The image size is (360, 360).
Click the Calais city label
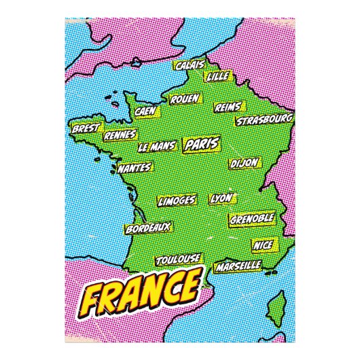(x=190, y=65)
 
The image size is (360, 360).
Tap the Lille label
(x=218, y=77)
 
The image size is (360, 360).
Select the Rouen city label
(x=185, y=99)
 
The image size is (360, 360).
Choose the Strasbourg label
(x=264, y=120)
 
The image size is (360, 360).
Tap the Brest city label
(x=86, y=128)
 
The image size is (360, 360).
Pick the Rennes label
(x=120, y=134)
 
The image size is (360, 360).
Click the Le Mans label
(x=157, y=146)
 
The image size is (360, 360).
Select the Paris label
(x=200, y=145)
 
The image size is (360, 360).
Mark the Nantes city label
(x=134, y=167)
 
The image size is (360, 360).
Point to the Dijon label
(x=244, y=164)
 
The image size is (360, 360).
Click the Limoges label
(x=177, y=201)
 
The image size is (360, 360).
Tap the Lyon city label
(x=221, y=198)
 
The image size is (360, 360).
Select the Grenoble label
(x=252, y=219)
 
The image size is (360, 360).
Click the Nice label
(x=262, y=244)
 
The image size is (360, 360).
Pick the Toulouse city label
(x=178, y=259)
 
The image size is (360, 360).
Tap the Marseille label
(x=238, y=266)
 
